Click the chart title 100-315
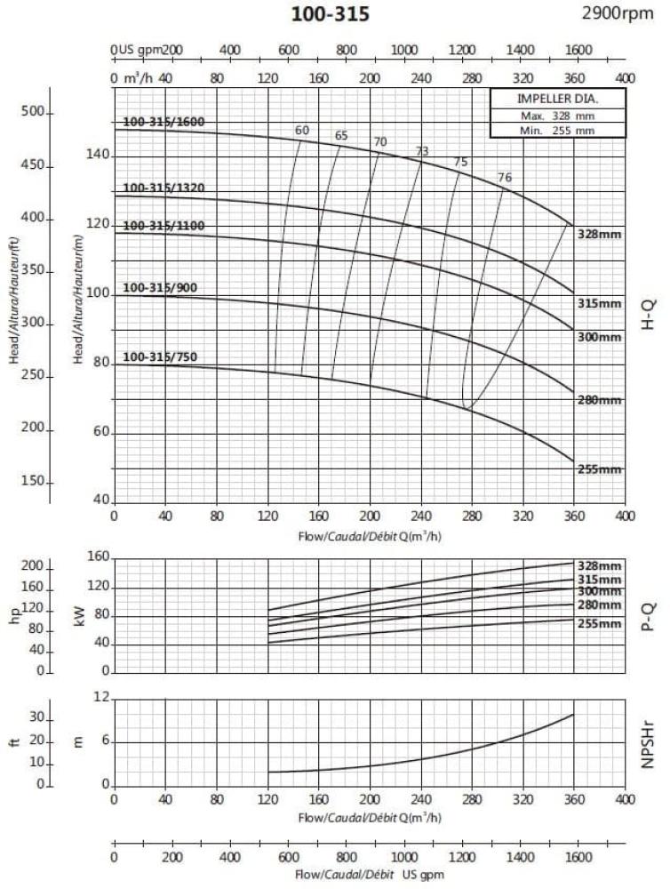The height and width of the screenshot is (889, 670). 330,14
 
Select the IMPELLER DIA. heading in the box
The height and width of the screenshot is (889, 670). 558,99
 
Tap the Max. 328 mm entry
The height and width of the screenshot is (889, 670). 558,116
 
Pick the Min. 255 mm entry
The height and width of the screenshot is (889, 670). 558,131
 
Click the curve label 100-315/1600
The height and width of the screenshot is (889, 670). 164,122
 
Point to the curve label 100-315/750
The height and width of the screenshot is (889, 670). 160,357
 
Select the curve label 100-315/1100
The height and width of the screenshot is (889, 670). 164,226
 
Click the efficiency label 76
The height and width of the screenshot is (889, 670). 505,178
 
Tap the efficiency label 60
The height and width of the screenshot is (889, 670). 302,131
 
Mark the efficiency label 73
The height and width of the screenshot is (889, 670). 422,151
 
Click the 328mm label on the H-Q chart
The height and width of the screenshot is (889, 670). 598,234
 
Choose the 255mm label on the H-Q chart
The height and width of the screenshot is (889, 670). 598,469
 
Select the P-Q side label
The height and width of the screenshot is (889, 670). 648,613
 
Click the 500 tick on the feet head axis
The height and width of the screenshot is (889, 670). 33,112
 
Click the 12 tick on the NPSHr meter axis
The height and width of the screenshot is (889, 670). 100,699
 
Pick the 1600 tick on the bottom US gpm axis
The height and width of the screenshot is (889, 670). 578,859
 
